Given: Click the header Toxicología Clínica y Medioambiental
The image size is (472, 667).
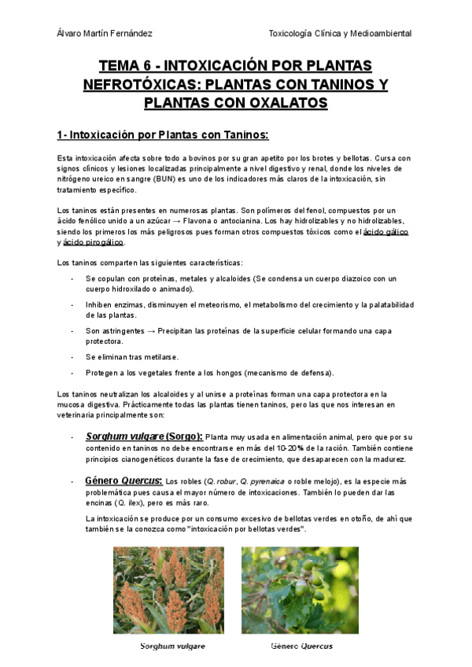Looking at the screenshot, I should click(340, 33).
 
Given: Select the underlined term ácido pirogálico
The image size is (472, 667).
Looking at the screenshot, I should click(94, 242).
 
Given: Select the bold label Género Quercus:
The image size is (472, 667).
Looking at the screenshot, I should click(124, 481).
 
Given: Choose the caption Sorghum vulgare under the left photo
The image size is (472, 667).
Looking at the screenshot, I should click(173, 647).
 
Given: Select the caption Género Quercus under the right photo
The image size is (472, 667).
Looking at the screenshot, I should click(301, 647).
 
